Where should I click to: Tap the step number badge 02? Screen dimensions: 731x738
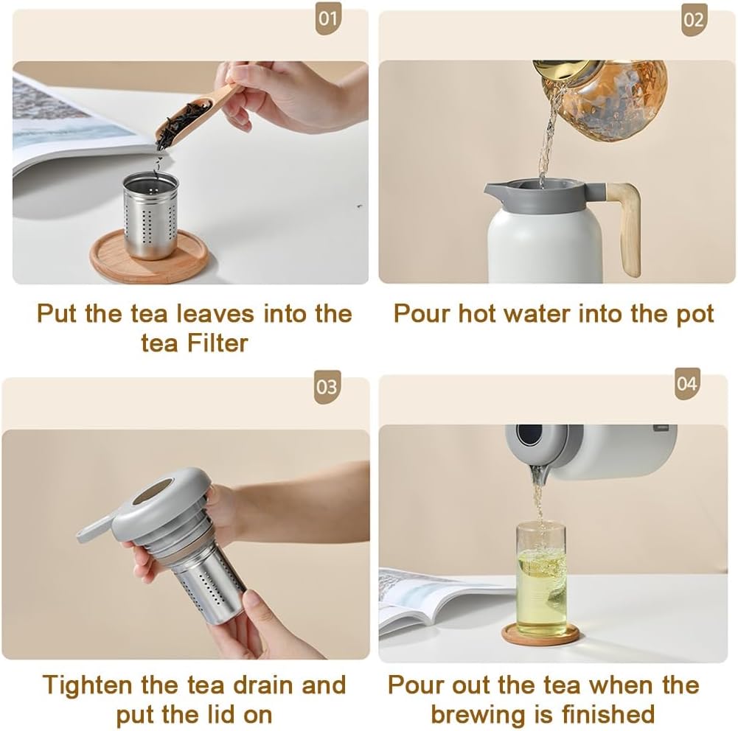[693, 20]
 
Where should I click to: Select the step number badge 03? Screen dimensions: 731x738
[327, 387]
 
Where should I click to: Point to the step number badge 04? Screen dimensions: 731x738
[686, 384]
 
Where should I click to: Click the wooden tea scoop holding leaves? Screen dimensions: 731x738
[193, 116]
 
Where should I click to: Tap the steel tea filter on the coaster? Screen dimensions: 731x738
[150, 214]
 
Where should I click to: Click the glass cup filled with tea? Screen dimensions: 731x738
[541, 578]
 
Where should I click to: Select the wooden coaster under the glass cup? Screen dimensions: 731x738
[541, 635]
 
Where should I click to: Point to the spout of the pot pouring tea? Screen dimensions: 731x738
[539, 472]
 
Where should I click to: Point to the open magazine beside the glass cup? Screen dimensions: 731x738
[435, 601]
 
